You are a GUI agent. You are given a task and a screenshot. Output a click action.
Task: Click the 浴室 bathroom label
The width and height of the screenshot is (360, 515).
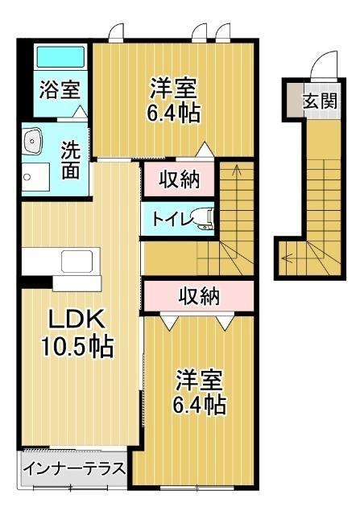click(x=60, y=89)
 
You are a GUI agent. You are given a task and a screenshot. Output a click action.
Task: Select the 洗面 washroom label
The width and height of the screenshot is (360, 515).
click(x=71, y=159)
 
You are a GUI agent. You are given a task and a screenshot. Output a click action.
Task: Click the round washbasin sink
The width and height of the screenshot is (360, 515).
click(x=32, y=142)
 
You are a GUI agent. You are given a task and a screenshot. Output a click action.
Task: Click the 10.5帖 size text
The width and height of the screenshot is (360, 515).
click(x=77, y=347)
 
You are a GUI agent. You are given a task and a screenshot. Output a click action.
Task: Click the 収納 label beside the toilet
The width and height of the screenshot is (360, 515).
click(x=178, y=179)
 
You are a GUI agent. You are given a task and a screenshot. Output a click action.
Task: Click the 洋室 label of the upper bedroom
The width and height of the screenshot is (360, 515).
click(x=173, y=85)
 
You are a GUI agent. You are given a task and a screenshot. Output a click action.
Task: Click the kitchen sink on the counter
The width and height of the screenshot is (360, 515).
click(x=77, y=262)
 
